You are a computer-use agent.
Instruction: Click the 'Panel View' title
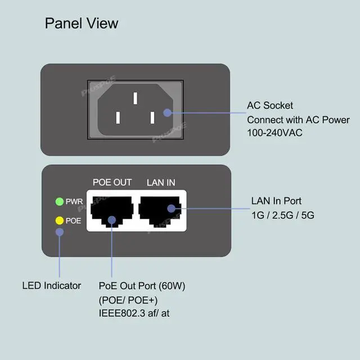pos(82,24)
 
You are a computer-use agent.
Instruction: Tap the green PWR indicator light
pos(60,201)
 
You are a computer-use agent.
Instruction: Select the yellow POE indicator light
pos(60,220)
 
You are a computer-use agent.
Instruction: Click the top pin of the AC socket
pos(136,98)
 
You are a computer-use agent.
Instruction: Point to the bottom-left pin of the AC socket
pos(118,118)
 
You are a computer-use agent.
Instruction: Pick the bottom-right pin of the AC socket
pos(152,118)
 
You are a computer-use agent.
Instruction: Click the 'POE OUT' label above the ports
pos(112,182)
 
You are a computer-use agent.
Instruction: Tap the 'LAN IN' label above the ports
pos(161,183)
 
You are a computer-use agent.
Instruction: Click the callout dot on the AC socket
pos(168,112)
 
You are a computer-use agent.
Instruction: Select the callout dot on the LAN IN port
pos(171,209)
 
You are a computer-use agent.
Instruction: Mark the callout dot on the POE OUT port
pos(112,220)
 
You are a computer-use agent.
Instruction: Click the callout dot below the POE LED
pos(60,232)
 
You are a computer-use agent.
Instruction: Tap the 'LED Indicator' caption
pos(52,286)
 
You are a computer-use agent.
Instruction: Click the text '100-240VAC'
pos(274,133)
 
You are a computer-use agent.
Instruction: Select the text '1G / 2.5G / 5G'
pos(283,215)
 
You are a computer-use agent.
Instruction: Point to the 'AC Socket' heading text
pos(270,106)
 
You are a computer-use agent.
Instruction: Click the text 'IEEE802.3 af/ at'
pos(134,313)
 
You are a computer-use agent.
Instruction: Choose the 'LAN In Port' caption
pos(276,201)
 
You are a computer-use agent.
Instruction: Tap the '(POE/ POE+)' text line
pos(128,300)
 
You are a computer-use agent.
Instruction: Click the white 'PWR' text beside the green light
pos(74,201)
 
